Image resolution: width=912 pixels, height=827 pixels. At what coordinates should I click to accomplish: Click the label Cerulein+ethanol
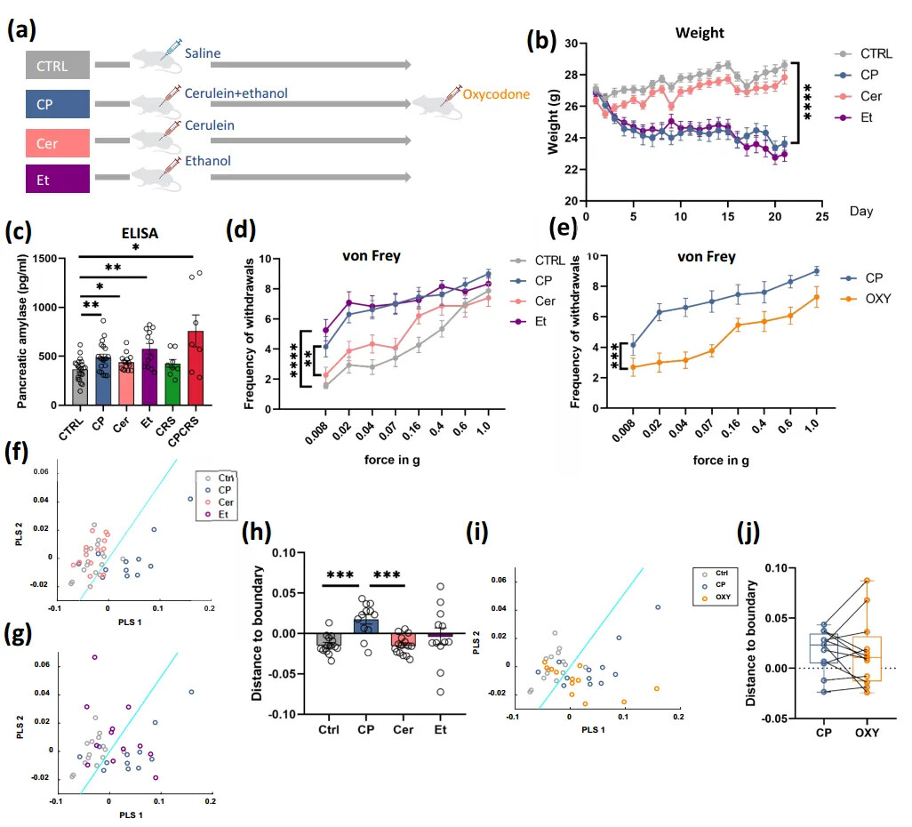click(236, 92)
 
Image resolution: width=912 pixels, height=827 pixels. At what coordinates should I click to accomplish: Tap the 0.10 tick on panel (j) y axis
click(763, 567)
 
